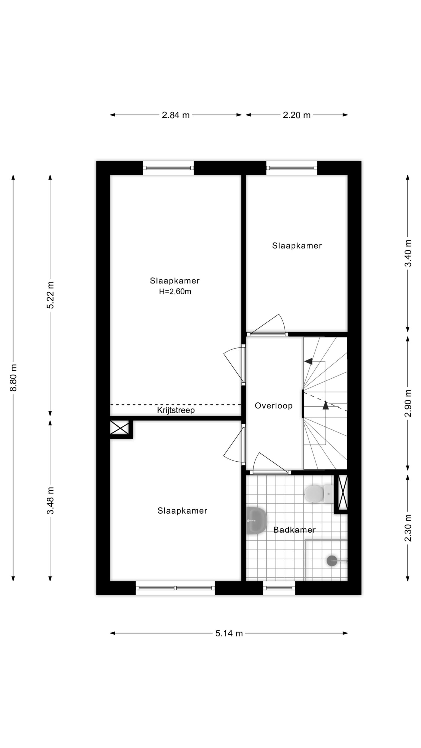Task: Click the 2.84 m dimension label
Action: (176, 115)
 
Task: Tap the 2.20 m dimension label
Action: (296, 115)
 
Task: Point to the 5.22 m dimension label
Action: (51, 295)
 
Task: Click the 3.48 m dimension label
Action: (51, 500)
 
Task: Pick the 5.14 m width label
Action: (229, 633)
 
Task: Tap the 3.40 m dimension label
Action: (408, 253)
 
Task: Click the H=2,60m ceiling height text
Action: (175, 292)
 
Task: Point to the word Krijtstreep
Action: (176, 410)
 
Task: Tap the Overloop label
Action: (274, 406)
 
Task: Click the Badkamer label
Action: (294, 530)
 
